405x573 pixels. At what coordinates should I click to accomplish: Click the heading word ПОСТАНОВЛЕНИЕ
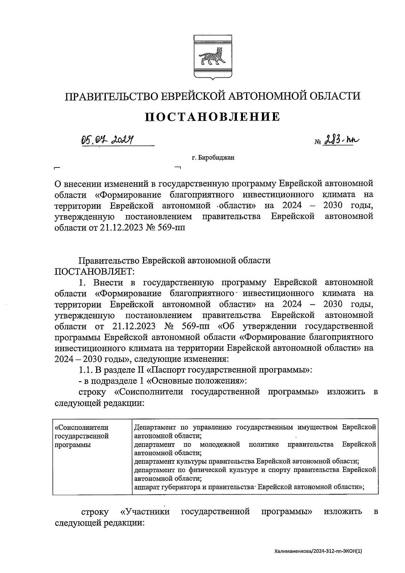click(213, 117)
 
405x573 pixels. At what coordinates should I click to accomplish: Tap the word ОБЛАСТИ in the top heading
click(334, 96)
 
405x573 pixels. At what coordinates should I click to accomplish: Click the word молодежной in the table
click(219, 444)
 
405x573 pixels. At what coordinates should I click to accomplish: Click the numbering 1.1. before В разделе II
click(86, 370)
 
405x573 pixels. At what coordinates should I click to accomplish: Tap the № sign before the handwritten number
click(318, 143)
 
